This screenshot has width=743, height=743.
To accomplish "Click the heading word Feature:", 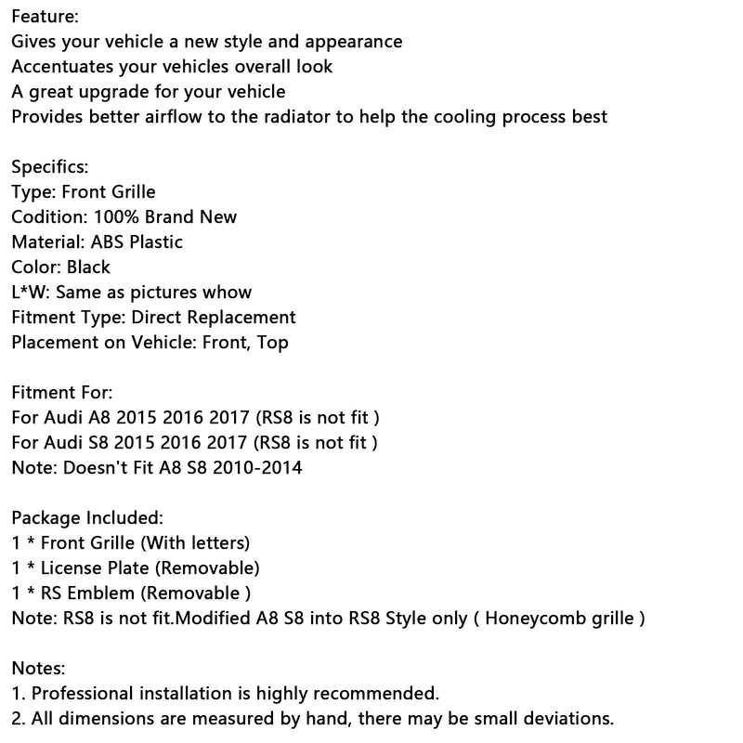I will pyautogui.click(x=46, y=17).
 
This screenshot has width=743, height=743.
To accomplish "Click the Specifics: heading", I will pyautogui.click(x=50, y=167).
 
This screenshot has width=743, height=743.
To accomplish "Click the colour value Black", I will pyautogui.click(x=88, y=267).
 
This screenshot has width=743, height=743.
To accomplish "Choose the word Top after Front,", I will pyautogui.click(x=272, y=343).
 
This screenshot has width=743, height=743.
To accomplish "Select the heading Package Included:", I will pyautogui.click(x=87, y=517).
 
